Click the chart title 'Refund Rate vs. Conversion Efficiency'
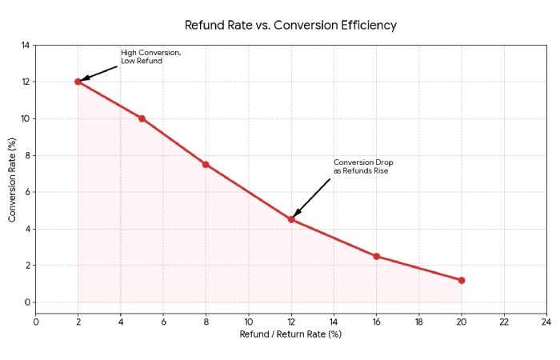tap(290, 25)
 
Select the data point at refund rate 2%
tap(78, 82)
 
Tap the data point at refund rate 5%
tap(142, 118)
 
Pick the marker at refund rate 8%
tap(206, 164)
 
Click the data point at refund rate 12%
tap(291, 219)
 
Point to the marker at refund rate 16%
tap(376, 256)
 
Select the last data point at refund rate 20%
tap(462, 280)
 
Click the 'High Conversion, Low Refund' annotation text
tap(150, 57)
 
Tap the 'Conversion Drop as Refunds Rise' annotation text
tap(363, 166)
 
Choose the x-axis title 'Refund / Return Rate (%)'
tap(290, 334)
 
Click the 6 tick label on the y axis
tap(26, 192)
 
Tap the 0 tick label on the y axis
tap(26, 302)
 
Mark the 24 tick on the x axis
tap(546, 322)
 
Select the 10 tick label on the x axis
tap(248, 322)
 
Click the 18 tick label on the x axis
tap(418, 322)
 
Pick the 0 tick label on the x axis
tap(36, 322)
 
